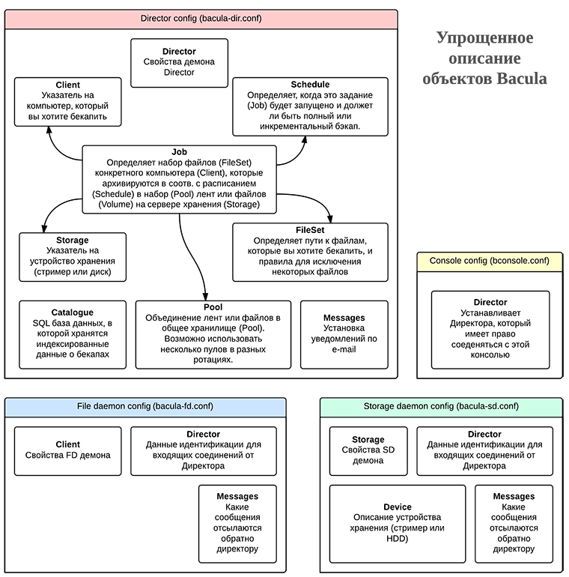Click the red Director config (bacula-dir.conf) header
click(201, 19)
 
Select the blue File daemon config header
click(145, 407)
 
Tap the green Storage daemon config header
click(442, 407)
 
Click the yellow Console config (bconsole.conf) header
click(489, 262)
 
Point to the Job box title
click(179, 152)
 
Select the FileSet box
click(310, 251)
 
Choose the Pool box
click(213, 333)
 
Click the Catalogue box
click(73, 333)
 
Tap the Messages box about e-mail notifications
click(344, 333)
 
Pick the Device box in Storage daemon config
click(398, 522)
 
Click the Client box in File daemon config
click(68, 450)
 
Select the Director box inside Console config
click(490, 329)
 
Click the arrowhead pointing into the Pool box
click(205, 296)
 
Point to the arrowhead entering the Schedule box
click(304, 140)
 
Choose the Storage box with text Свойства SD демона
click(368, 450)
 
